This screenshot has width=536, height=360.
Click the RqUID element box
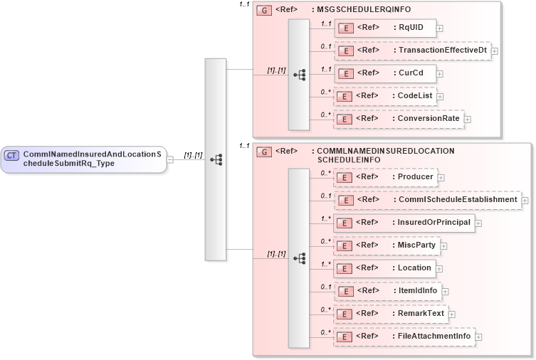[x=384, y=28]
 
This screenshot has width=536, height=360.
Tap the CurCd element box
[x=384, y=73]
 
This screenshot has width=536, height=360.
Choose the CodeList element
[x=384, y=96]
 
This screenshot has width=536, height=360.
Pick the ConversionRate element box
[x=399, y=119]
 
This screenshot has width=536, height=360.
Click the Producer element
[x=385, y=177]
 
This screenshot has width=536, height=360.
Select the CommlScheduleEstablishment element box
[x=427, y=200]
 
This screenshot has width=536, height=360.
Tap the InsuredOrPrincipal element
[x=404, y=223]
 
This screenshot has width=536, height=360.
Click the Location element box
[x=384, y=268]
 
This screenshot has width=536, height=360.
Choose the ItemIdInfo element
[x=388, y=291]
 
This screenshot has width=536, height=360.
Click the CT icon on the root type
[x=11, y=155]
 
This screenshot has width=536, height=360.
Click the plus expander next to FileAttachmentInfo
[x=478, y=337]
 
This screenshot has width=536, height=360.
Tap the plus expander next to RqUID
[x=440, y=28]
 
